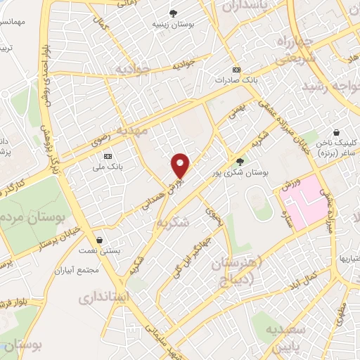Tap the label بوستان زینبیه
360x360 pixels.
[x=173, y=23]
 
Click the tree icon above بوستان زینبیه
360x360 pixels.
[x=173, y=13]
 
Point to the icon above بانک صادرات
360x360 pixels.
[x=236, y=70]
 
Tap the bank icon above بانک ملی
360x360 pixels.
[x=108, y=156]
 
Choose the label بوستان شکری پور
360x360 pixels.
[x=239, y=171]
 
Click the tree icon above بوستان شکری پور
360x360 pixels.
[x=239, y=161]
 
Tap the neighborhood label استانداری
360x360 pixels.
[x=106, y=297]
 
